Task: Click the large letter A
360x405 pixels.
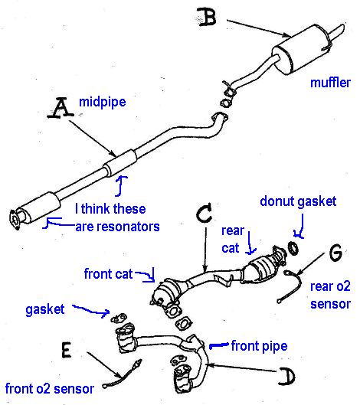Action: coord(61,109)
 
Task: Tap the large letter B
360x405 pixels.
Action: coord(207,17)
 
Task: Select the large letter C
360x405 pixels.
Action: coord(205,212)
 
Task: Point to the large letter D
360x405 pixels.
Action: coord(287,377)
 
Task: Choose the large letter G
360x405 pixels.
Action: coord(335,253)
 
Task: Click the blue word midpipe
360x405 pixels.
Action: coord(103,103)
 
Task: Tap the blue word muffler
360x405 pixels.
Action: coord(330,83)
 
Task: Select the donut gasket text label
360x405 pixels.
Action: coord(298,201)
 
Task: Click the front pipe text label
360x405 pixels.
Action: coord(259,346)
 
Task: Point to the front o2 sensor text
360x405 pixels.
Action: coord(49,389)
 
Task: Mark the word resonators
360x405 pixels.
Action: coord(118,227)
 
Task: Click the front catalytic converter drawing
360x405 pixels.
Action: coord(167,292)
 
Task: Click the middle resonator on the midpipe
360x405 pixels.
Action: coord(120,162)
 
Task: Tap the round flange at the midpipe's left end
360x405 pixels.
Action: coord(15,220)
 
